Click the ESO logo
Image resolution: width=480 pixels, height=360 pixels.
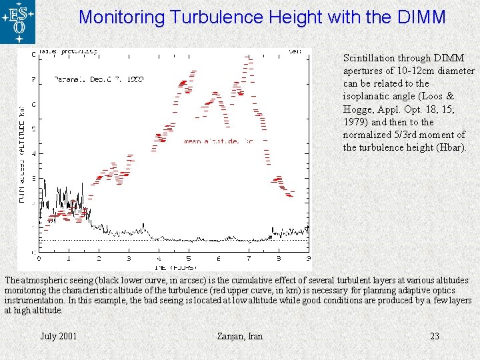[x=18, y=21]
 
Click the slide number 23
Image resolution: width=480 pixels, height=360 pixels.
[x=435, y=336]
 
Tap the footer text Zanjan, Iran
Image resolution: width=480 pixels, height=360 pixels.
[x=240, y=336]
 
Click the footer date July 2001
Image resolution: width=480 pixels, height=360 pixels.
[x=59, y=336]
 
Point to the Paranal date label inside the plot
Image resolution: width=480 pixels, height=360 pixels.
[x=99, y=79]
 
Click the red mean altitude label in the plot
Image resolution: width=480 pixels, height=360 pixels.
[x=218, y=141]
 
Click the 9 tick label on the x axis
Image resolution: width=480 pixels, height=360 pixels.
[x=308, y=259]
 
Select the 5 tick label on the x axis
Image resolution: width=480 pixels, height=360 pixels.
[x=189, y=259]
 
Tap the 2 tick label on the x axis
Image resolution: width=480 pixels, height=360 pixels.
[x=99, y=259]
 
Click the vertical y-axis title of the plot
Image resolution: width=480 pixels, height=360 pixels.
[x=22, y=153]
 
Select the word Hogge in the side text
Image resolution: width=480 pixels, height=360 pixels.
[x=358, y=109]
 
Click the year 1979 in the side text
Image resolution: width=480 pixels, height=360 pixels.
[x=355, y=122]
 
